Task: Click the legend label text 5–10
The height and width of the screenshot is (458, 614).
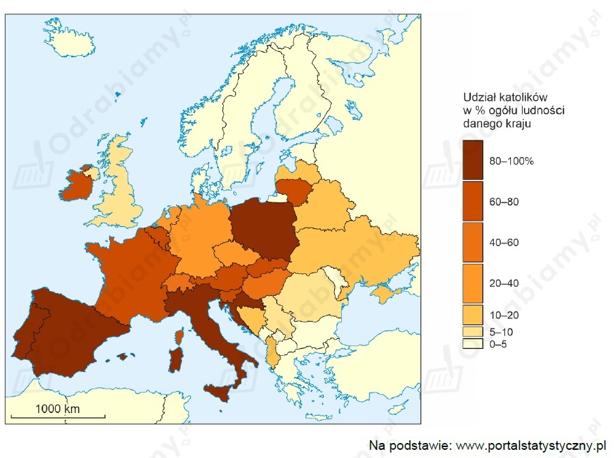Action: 503,331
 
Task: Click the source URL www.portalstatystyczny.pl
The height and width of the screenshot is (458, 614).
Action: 531,445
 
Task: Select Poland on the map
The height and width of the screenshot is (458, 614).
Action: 263,228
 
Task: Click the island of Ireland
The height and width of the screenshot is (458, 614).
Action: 76,184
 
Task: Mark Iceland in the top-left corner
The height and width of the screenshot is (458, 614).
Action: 72,42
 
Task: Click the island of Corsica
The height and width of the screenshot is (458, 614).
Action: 179,337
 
